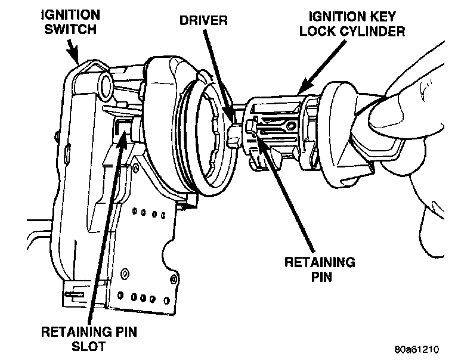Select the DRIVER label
pyautogui.click(x=203, y=21)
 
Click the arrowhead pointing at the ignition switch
pyautogui.click(x=77, y=59)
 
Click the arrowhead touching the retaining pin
pyautogui.click(x=258, y=127)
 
